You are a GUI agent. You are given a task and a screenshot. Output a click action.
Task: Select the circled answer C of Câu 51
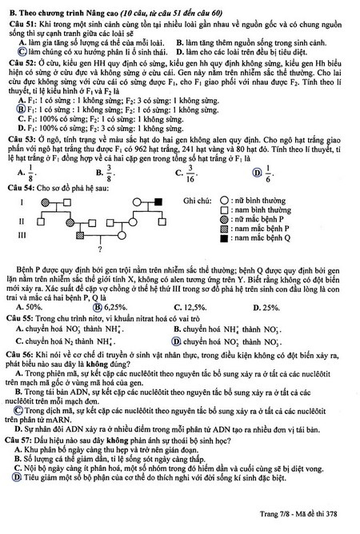[10, 52]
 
